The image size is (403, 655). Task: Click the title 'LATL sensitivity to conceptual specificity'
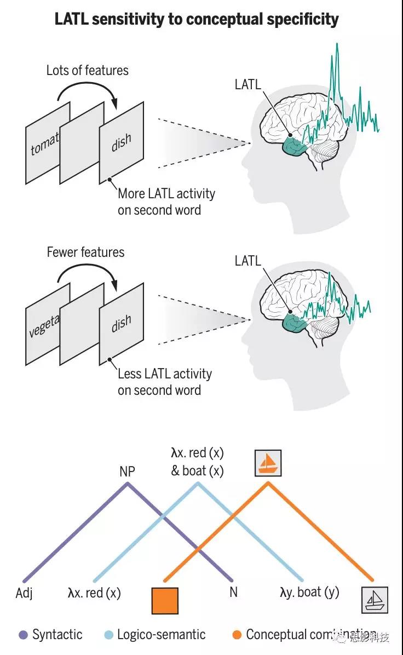click(197, 20)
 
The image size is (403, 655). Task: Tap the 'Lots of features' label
click(88, 71)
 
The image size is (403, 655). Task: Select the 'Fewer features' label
click(85, 252)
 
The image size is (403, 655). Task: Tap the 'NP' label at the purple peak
click(127, 472)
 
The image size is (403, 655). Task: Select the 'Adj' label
click(24, 593)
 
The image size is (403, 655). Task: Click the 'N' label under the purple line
click(233, 592)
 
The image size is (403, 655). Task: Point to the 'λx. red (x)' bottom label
click(94, 593)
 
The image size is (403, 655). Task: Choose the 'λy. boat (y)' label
click(309, 593)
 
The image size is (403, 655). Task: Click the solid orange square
click(165, 600)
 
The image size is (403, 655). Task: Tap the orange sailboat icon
click(268, 463)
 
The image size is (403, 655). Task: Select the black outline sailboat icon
click(375, 600)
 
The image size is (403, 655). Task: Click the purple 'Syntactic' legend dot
click(23, 635)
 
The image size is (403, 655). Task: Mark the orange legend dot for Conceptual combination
click(237, 635)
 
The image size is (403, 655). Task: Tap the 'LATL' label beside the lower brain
click(248, 261)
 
